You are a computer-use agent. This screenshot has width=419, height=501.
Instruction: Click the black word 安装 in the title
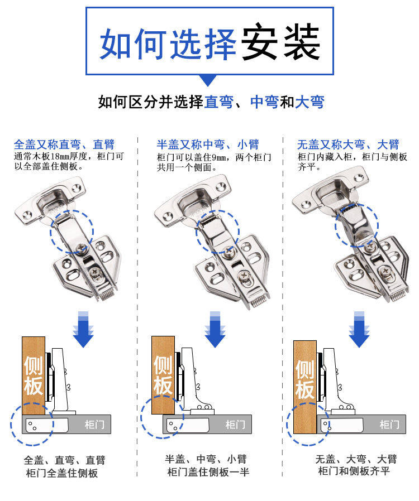pos(280,42)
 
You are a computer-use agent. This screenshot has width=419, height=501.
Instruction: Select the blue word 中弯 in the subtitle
pos(264,103)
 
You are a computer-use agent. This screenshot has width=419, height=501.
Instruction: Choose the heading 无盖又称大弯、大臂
pos(348,144)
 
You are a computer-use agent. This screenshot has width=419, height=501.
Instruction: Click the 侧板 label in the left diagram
pos(34,375)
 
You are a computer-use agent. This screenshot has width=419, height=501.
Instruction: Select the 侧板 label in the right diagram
pos(305,379)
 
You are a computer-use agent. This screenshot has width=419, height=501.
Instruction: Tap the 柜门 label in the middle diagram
pos(235,425)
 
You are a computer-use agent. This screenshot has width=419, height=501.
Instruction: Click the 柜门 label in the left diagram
pos(93,425)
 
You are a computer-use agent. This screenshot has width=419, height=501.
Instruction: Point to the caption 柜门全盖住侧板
pos(62,473)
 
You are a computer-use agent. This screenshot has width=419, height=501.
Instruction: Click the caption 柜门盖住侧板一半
pos(208,473)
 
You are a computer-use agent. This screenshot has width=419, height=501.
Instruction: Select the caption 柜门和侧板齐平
pos(354,472)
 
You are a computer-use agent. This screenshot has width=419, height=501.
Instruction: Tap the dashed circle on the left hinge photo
pos(72,231)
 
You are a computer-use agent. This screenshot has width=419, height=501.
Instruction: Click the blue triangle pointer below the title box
pos(208,80)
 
